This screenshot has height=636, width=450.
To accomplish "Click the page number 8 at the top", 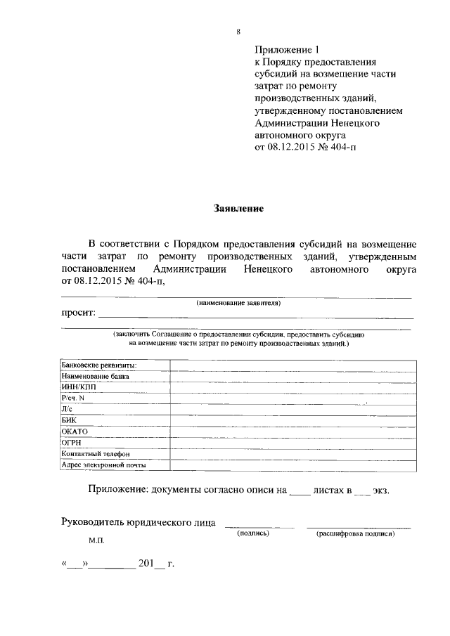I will (x=238, y=32).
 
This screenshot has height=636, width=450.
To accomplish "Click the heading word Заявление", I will (x=238, y=209).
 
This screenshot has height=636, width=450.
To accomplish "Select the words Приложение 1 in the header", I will (x=286, y=50).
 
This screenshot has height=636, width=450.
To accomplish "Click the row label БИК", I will (x=69, y=420).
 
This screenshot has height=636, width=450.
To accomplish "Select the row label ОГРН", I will (x=72, y=443).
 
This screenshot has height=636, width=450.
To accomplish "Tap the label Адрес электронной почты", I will (x=104, y=465).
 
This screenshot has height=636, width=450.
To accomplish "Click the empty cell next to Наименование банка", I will (x=291, y=376).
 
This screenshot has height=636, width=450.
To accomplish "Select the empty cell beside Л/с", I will (x=291, y=409).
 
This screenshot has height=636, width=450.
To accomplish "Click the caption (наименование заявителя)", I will (x=238, y=303).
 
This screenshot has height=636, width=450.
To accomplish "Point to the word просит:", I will (x=77, y=313).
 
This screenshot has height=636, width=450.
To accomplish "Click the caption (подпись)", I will (x=255, y=533).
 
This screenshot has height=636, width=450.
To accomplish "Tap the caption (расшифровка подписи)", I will (x=356, y=533).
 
